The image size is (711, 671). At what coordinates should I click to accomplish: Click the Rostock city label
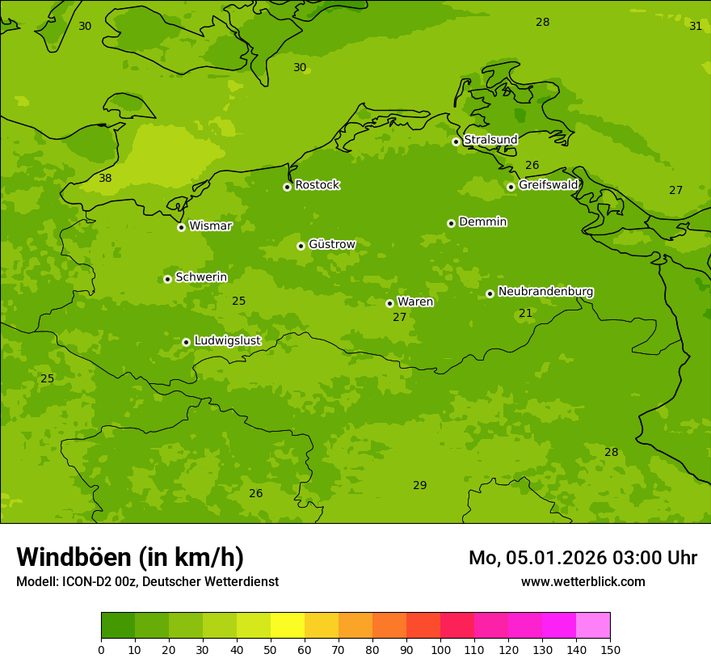click(x=317, y=185)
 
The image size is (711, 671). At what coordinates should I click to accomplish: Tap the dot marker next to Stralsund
click(x=456, y=141)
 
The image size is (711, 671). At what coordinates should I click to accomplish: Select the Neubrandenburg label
click(x=545, y=292)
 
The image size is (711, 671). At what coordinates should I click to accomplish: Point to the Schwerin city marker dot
click(x=167, y=279)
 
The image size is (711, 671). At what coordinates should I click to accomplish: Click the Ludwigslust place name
click(x=227, y=341)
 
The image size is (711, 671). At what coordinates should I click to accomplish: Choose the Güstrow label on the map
click(x=331, y=244)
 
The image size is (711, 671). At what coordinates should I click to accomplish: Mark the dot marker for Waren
click(x=389, y=303)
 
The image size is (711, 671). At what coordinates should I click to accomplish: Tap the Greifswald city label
click(x=548, y=185)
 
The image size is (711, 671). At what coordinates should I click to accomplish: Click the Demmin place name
click(x=482, y=222)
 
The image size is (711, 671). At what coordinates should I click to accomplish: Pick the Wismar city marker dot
click(x=181, y=227)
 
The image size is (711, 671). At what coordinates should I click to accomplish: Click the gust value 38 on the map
click(x=105, y=179)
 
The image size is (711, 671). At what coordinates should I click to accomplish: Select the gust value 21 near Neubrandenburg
click(x=525, y=314)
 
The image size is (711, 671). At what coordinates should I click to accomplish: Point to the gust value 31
click(x=696, y=27)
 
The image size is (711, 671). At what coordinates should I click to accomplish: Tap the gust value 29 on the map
click(x=419, y=486)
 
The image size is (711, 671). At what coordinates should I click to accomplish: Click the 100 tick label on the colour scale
click(x=440, y=650)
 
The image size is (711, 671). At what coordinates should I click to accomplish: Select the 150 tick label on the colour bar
click(x=610, y=650)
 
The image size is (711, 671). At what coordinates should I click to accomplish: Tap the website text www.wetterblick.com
click(x=583, y=582)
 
